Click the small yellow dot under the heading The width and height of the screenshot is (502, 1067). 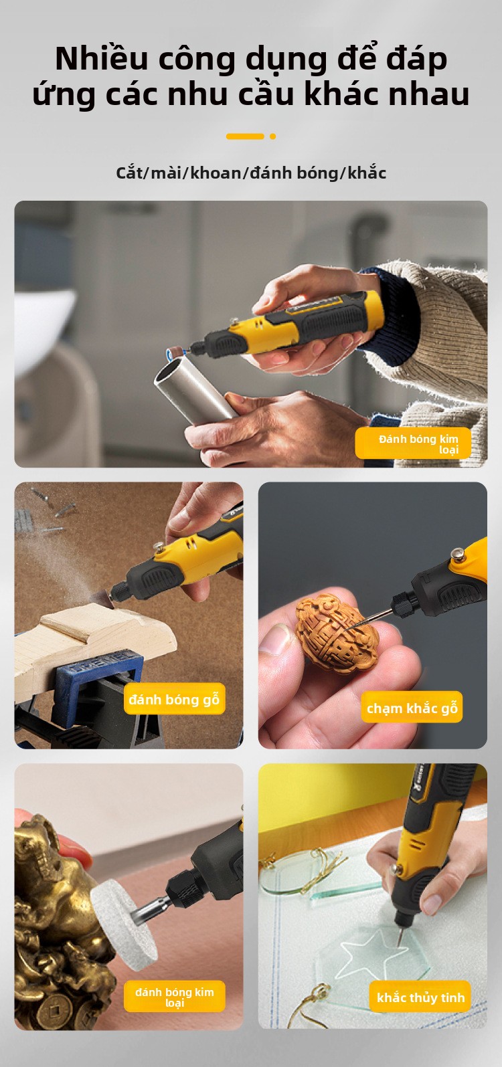tap(272, 136)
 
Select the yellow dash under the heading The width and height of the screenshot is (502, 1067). tap(245, 136)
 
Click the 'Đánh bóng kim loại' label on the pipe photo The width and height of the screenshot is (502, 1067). tap(414, 444)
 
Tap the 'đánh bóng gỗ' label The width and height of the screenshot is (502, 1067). tap(175, 699)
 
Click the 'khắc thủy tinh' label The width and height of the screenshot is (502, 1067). tap(420, 997)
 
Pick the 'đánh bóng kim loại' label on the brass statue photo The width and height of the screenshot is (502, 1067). tap(175, 997)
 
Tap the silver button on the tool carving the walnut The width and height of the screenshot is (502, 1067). tap(459, 554)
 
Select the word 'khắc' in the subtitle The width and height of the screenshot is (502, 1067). tap(367, 173)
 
